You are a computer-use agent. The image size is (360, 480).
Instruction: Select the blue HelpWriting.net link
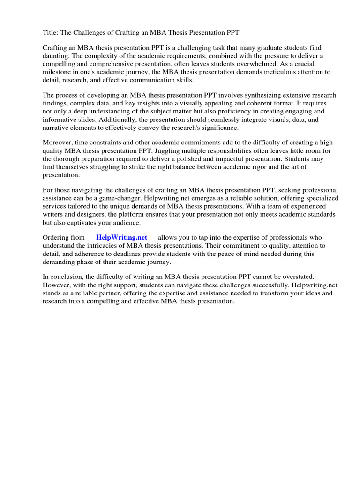(x=121, y=238)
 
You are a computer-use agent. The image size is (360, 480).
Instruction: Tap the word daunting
(x=56, y=56)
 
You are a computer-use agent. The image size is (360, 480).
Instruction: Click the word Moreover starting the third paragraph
(x=60, y=142)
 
